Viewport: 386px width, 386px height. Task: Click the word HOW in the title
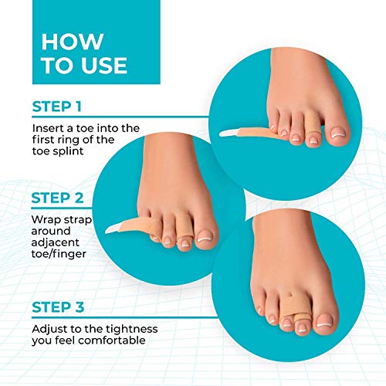click(73, 42)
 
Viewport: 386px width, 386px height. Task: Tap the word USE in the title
click(104, 66)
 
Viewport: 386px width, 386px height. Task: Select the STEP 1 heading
click(57, 107)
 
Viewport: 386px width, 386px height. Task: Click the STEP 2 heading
click(57, 198)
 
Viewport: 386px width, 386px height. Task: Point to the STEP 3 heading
click(58, 307)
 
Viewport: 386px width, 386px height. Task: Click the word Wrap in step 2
click(46, 220)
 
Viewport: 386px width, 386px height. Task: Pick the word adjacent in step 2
click(56, 242)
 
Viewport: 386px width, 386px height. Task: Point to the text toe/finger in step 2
click(59, 254)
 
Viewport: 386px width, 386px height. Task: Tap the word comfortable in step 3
click(112, 340)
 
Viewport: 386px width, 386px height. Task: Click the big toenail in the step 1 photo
click(338, 133)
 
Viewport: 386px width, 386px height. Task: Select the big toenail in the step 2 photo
click(205, 236)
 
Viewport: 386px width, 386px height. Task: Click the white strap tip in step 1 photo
click(229, 133)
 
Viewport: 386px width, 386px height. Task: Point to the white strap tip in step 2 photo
click(112, 229)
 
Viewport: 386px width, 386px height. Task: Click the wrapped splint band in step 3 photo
click(296, 308)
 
